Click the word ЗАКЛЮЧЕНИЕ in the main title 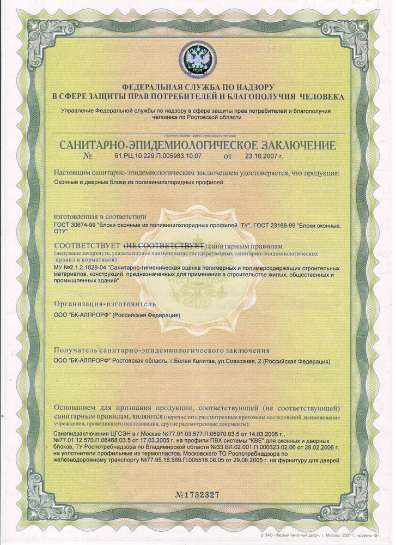click(290, 145)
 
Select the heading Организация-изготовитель click(105, 304)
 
